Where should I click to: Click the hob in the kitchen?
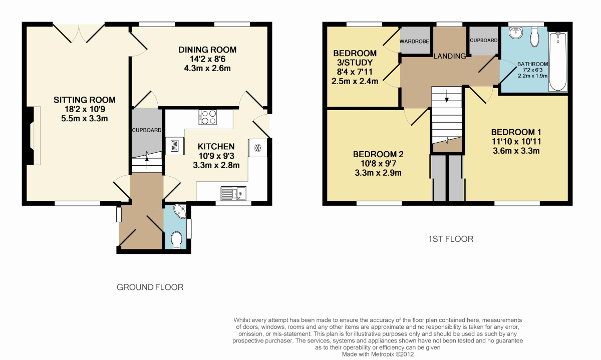208,117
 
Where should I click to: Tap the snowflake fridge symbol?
258,148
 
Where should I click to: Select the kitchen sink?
233,193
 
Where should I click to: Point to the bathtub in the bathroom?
558,62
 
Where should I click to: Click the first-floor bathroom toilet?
535,37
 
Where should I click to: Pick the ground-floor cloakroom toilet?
176,240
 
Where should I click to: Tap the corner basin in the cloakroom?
180,211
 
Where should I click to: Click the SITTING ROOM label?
85,100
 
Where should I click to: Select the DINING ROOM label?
207,50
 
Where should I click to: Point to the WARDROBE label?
414,42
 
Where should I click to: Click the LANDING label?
450,56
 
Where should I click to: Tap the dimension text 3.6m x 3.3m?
516,151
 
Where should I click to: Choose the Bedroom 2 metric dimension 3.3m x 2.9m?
378,173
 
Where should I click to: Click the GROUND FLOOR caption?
150,287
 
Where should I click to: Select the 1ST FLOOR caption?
451,239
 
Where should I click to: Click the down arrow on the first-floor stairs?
446,96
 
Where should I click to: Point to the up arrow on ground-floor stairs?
147,162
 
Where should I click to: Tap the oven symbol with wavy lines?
175,146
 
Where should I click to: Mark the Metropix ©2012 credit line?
378,354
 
